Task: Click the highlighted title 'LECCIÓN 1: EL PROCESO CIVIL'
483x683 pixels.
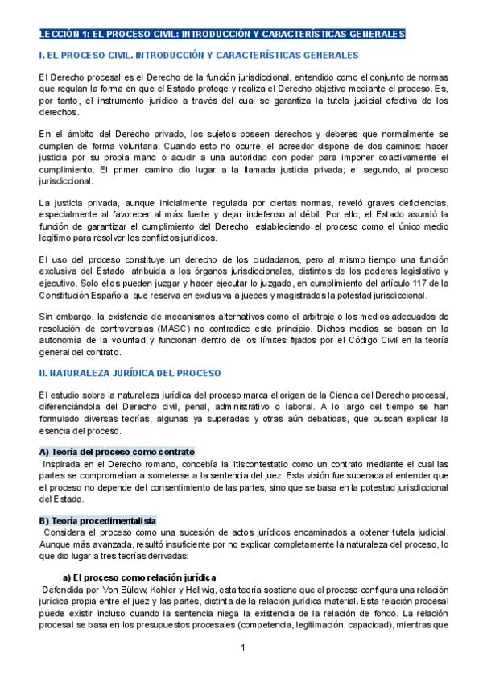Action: [221, 34]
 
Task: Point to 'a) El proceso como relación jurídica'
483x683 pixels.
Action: [139, 577]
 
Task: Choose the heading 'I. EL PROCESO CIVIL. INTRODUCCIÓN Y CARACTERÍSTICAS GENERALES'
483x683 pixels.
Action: [198, 55]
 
